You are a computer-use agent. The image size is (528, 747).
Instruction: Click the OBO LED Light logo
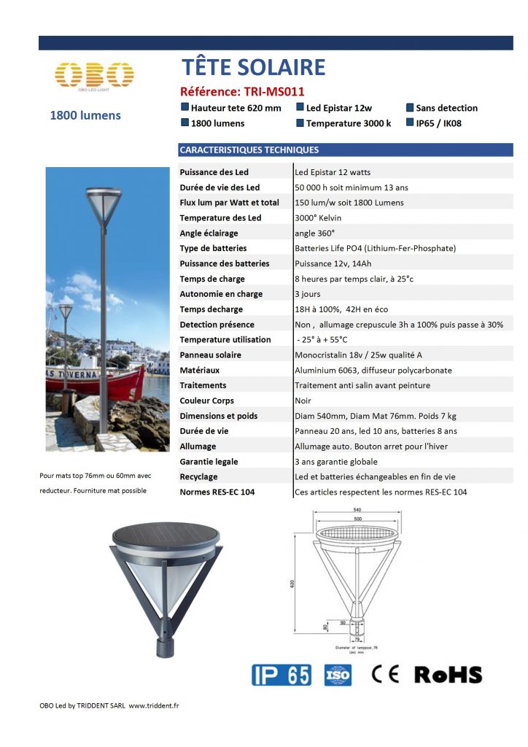[x=95, y=76]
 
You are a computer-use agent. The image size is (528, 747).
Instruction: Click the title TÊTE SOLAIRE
[x=253, y=68]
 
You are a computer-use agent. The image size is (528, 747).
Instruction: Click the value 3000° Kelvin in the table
[x=318, y=218]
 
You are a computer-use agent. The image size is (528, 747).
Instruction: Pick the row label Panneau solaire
[x=211, y=355]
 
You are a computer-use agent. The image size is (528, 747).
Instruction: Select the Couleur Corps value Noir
[x=303, y=400]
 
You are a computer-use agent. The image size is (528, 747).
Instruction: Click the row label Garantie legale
[x=209, y=462]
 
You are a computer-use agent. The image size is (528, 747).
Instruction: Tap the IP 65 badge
[x=281, y=675]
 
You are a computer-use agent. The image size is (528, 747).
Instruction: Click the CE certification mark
[x=385, y=674]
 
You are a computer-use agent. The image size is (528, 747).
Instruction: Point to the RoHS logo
[x=448, y=675]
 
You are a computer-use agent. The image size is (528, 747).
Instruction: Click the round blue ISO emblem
[x=338, y=675]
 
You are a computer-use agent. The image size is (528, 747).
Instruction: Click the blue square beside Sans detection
[x=410, y=108]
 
